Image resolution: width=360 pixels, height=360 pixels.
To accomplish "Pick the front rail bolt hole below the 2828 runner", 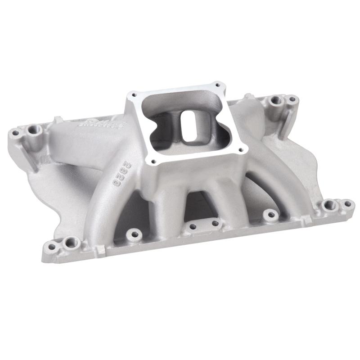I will (132, 234).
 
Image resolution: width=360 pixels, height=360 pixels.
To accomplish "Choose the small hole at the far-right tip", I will (347, 204).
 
